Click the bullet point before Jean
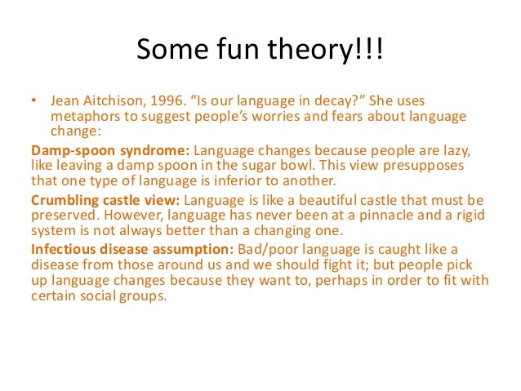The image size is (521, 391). pos(34,103)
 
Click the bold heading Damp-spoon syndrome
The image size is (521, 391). pos(109,151)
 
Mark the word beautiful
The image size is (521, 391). pos(326,200)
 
